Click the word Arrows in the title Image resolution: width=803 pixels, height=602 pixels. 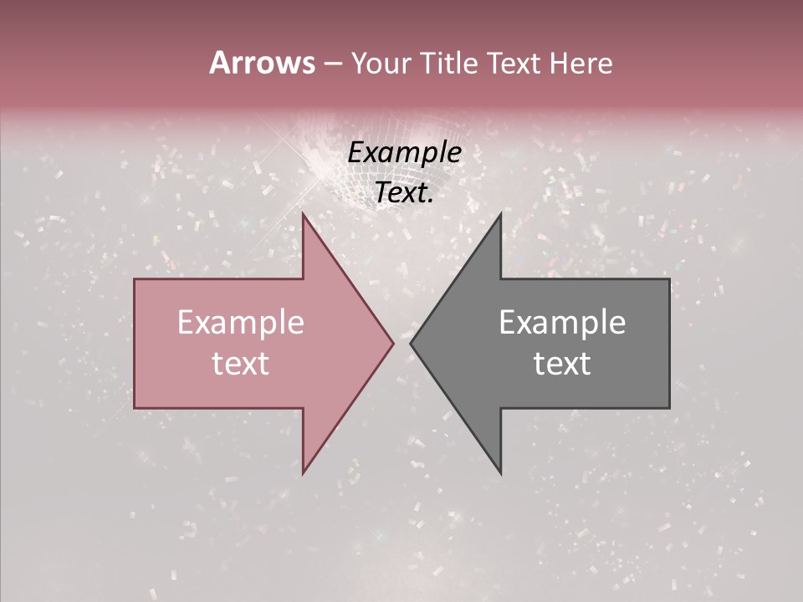(x=263, y=63)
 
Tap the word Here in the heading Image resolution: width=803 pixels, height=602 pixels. (x=581, y=63)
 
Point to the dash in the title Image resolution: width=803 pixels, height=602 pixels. (x=332, y=64)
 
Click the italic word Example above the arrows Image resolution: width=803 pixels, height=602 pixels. (x=404, y=153)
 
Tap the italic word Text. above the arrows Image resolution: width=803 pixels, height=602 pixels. (x=404, y=192)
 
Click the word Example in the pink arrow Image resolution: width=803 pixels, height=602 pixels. (x=240, y=323)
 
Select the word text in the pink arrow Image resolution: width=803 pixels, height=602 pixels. (x=240, y=364)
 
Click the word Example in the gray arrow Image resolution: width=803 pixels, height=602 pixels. (x=562, y=323)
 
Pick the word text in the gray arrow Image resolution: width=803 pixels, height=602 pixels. (x=562, y=364)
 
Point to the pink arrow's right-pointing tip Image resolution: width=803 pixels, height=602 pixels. (x=392, y=343)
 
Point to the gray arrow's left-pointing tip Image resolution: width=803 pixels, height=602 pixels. (x=411, y=343)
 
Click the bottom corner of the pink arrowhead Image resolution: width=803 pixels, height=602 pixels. (x=303, y=472)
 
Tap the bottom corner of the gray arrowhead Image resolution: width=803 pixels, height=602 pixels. (x=500, y=472)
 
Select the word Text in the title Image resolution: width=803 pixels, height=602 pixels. (x=516, y=63)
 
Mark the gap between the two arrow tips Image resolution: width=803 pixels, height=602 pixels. (x=401, y=343)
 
